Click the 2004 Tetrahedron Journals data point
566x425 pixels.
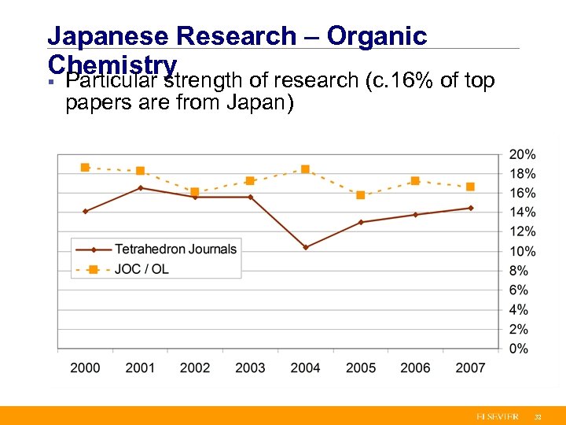click(x=305, y=247)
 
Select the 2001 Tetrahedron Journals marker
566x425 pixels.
click(x=140, y=187)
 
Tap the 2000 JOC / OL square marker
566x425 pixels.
click(x=85, y=167)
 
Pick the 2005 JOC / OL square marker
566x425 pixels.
click(x=360, y=194)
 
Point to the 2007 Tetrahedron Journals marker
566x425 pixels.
click(x=470, y=208)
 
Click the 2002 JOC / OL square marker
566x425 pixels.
click(x=195, y=191)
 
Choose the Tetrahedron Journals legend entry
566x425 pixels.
click(x=175, y=249)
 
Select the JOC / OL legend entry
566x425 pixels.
click(x=141, y=269)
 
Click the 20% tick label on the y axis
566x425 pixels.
click(x=522, y=154)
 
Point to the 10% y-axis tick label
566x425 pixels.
click(x=522, y=252)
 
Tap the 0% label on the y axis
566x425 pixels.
click(x=519, y=349)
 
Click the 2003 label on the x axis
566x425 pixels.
click(x=250, y=368)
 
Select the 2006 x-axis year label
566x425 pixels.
click(x=415, y=368)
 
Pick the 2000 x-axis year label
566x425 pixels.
click(x=85, y=368)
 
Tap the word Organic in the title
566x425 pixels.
click(x=377, y=36)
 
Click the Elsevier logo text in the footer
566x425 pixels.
click(x=497, y=416)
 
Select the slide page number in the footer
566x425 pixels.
click(x=538, y=416)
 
